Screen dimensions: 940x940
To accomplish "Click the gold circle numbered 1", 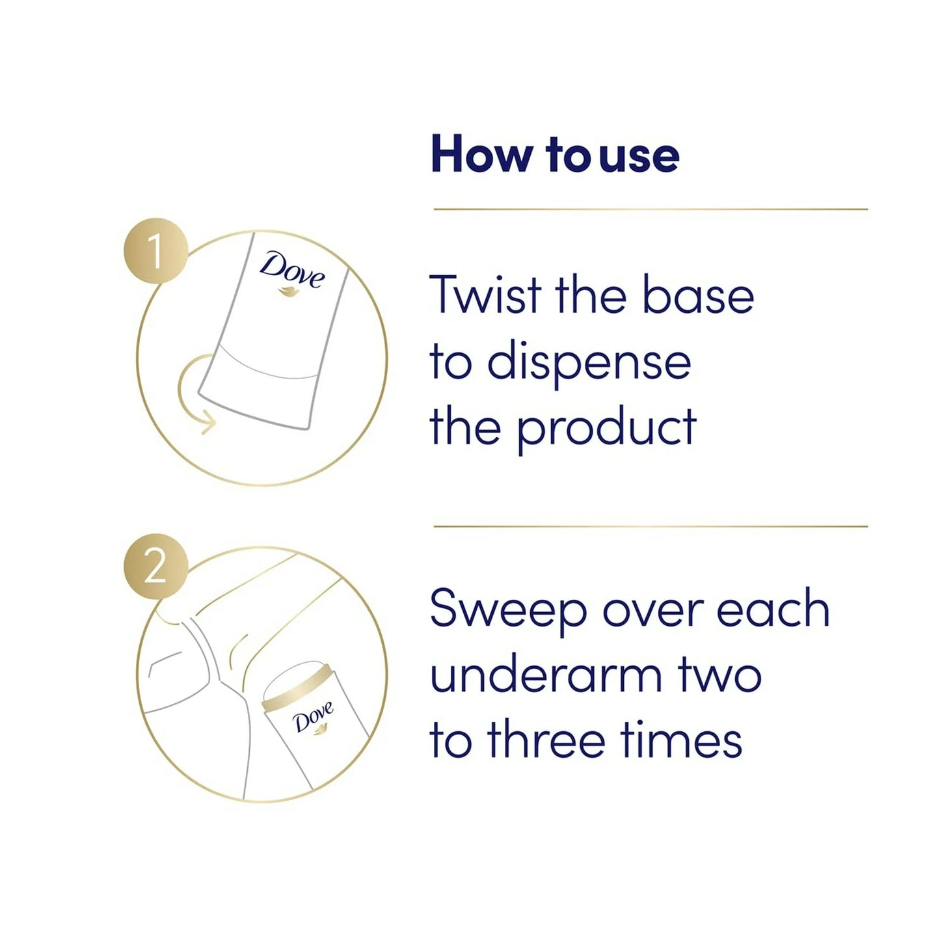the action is [x=155, y=250].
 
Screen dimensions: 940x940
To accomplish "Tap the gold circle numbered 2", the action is [x=155, y=567].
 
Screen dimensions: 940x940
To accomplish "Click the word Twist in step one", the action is [x=486, y=295].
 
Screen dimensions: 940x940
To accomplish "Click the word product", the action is [x=606, y=427].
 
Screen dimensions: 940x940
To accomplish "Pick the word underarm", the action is [x=546, y=675].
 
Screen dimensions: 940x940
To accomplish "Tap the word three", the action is [x=546, y=739].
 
